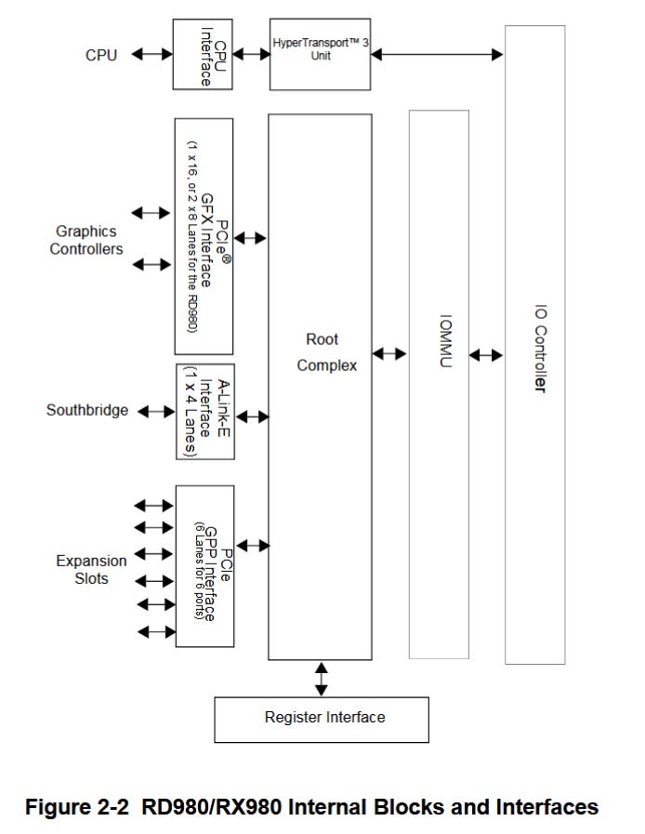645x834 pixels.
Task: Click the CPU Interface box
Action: [x=202, y=55]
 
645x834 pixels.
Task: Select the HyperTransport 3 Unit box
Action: [x=321, y=54]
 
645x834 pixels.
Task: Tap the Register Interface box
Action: [x=322, y=719]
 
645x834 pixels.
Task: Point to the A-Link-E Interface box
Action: [x=204, y=411]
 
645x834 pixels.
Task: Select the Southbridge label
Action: [x=87, y=410]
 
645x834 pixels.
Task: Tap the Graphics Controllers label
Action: [x=86, y=240]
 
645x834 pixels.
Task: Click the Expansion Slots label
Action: [x=91, y=569]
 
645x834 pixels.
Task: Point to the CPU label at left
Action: [x=101, y=55]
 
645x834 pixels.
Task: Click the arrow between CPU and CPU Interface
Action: [x=151, y=55]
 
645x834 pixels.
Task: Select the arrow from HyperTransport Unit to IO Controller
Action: [x=437, y=55]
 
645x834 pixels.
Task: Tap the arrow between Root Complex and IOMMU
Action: [x=389, y=354]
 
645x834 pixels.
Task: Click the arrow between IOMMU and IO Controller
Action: [x=486, y=355]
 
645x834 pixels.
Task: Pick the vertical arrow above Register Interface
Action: [x=322, y=679]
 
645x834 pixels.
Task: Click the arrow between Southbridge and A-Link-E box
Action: [x=155, y=411]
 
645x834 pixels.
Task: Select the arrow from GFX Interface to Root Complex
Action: [x=251, y=239]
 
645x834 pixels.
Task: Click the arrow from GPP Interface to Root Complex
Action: [x=251, y=545]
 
